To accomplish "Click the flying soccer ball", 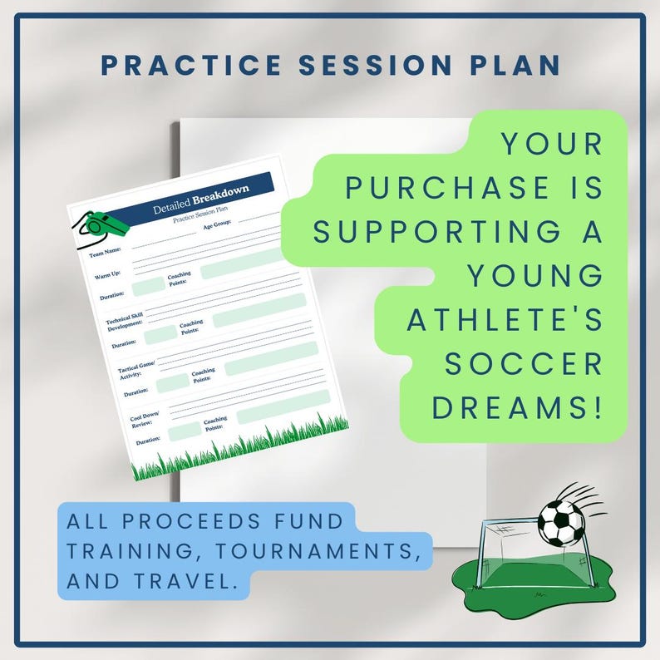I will tap(560, 522).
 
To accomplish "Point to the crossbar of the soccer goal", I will tap(510, 521).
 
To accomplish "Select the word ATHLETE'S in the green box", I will tap(504, 321).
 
